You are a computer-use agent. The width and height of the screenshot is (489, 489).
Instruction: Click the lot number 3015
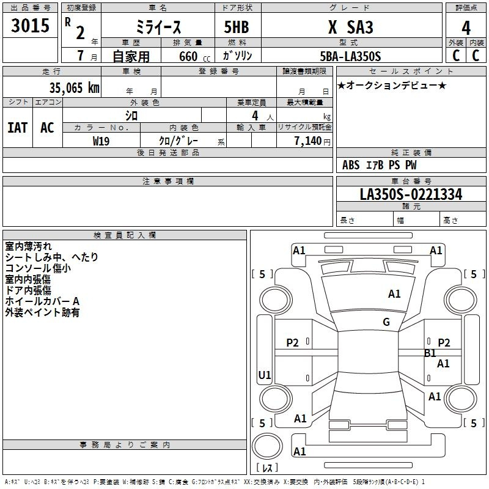[30, 25]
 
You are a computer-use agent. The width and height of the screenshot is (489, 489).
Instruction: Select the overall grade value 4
[466, 28]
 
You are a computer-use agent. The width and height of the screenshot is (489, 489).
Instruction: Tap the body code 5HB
[237, 27]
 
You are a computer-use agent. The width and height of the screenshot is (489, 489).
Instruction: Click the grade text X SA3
[350, 27]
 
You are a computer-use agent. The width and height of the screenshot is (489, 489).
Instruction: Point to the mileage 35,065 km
[74, 87]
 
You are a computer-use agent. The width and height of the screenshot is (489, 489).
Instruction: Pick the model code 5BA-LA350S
[350, 56]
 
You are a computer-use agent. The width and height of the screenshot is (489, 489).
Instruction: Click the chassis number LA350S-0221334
[411, 194]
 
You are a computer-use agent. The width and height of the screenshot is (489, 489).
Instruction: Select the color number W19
[101, 141]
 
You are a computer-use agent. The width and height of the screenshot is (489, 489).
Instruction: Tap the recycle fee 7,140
[308, 141]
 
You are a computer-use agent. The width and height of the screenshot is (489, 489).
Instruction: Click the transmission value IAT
[18, 128]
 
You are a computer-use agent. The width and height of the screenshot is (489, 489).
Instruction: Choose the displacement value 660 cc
[194, 56]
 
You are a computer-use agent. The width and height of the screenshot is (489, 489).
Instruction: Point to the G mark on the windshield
[386, 322]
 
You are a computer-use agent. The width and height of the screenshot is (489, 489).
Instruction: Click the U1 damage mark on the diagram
[265, 375]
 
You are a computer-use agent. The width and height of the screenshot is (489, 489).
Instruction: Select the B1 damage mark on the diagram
[430, 353]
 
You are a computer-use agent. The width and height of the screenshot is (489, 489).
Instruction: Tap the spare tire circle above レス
[267, 446]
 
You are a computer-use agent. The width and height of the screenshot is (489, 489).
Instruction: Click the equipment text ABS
[351, 165]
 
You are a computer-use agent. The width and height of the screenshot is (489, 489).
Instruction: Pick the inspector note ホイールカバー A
[42, 301]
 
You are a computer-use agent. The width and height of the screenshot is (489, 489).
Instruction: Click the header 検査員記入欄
[125, 235]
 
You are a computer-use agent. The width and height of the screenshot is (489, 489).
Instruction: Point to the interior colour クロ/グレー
[178, 141]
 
